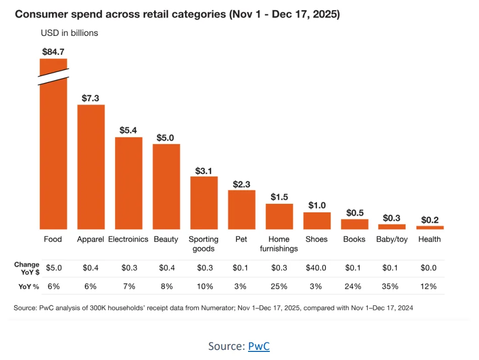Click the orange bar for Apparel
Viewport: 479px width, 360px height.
[x=91, y=167]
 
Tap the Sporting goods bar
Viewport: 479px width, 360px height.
[x=204, y=203]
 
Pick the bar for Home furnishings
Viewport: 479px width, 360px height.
[x=279, y=216]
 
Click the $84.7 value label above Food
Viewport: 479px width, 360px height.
[x=54, y=51]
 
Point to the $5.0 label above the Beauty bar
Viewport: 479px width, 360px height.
[x=166, y=137]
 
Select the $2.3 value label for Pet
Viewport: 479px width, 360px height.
[x=242, y=184]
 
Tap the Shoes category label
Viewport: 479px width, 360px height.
[x=316, y=239]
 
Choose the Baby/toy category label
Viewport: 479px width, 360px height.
[x=392, y=239]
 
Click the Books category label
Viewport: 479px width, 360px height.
[x=354, y=239]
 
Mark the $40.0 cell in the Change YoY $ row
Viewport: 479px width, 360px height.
[x=316, y=268]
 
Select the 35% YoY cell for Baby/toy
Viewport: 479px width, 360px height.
[x=392, y=286]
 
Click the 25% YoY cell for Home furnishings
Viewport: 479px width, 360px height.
[x=279, y=286]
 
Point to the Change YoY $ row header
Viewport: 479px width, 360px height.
[x=27, y=268]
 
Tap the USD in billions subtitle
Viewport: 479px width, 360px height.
[x=69, y=33]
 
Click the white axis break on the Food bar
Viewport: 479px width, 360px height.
[x=54, y=75]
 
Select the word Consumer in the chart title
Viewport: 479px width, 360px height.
[x=37, y=14]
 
